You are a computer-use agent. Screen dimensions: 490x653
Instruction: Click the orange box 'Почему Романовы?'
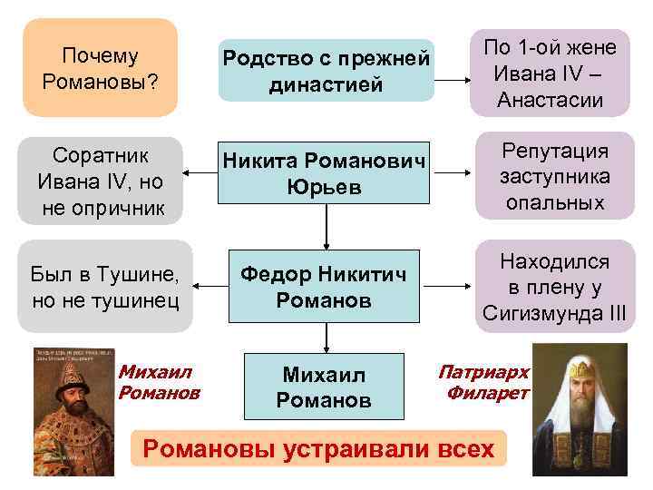click(x=100, y=69)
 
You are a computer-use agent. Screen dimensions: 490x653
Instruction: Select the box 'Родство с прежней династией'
click(x=326, y=72)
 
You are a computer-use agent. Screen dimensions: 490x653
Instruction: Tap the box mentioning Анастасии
click(x=549, y=73)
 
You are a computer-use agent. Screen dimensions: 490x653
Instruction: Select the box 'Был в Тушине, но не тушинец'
click(x=104, y=286)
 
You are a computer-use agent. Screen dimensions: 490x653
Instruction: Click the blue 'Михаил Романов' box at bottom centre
click(x=326, y=387)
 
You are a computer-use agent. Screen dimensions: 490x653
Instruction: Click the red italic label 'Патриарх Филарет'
click(x=484, y=382)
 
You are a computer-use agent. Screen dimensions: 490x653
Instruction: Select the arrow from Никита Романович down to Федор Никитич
click(x=326, y=226)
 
